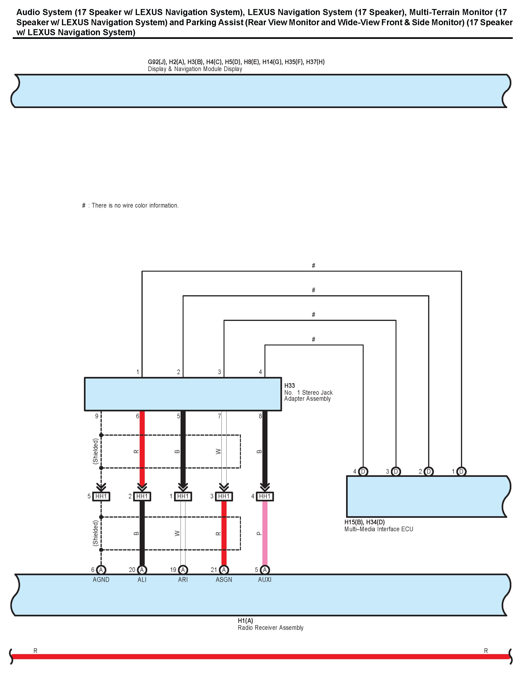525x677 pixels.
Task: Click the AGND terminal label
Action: pyautogui.click(x=101, y=580)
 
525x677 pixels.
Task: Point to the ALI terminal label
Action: pyautogui.click(x=142, y=580)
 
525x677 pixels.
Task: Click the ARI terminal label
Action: pyautogui.click(x=183, y=580)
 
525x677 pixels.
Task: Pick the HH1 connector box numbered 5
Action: pyautogui.click(x=101, y=496)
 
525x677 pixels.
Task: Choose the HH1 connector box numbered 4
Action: pyautogui.click(x=265, y=496)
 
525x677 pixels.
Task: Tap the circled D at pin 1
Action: pyautogui.click(x=461, y=472)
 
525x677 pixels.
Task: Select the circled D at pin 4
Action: pyautogui.click(x=363, y=472)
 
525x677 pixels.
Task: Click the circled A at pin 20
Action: pyautogui.click(x=142, y=570)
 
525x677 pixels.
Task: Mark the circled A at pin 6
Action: pyautogui.click(x=101, y=570)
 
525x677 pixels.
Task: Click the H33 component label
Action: pyautogui.click(x=290, y=386)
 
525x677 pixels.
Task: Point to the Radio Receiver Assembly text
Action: pyautogui.click(x=270, y=628)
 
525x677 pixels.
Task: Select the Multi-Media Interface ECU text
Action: pyautogui.click(x=378, y=529)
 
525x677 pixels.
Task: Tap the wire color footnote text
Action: pyautogui.click(x=130, y=205)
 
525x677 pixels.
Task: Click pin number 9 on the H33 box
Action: pyautogui.click(x=97, y=416)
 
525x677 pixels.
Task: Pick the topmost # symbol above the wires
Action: pyautogui.click(x=313, y=265)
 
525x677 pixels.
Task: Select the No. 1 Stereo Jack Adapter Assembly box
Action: pyautogui.click(x=183, y=394)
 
